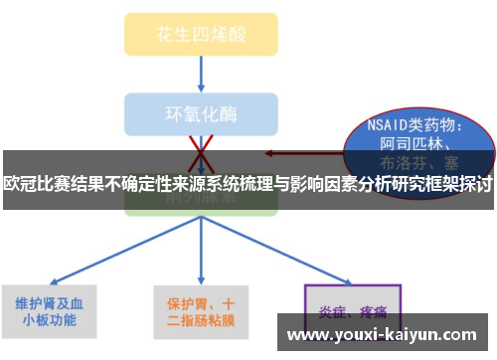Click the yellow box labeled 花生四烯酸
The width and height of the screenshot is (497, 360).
200,34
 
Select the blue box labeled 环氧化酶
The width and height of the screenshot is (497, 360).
200,112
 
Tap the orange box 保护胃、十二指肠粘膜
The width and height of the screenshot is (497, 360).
201,310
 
